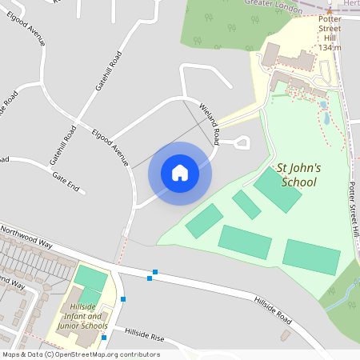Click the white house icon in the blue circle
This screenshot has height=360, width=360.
pos(179,173)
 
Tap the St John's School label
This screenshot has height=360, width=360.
pos(298,175)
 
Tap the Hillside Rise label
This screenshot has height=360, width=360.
pos(143,334)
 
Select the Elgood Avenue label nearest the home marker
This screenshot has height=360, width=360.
pos(110,147)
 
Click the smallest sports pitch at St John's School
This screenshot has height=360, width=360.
pos(246,204)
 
